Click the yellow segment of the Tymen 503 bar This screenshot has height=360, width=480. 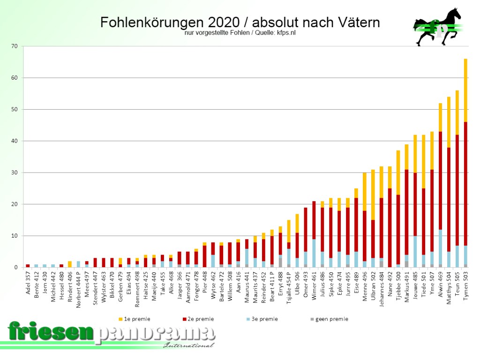(465, 90)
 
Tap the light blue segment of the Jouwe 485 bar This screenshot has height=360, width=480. (415, 251)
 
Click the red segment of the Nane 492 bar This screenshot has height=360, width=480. (390, 227)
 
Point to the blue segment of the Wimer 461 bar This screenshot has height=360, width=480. (314, 253)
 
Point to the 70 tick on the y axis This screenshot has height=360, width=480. (14, 46)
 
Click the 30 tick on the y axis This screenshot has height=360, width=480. (14, 172)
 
